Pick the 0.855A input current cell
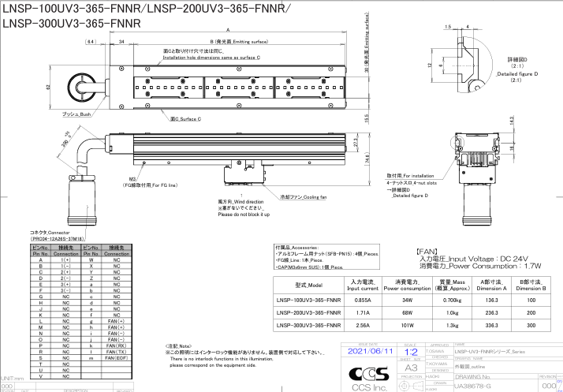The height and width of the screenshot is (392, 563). coord(359,300)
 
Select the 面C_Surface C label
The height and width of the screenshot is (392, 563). coord(185,118)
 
